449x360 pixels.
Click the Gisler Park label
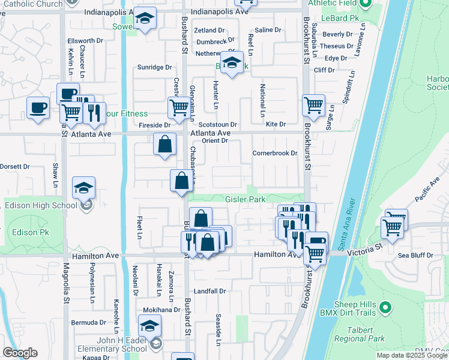(244, 199)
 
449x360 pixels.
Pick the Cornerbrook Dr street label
(275, 153)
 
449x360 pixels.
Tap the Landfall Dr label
(209, 291)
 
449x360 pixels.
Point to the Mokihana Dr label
(161, 310)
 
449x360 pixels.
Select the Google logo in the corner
(20, 353)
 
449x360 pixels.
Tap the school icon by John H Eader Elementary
(149, 327)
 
